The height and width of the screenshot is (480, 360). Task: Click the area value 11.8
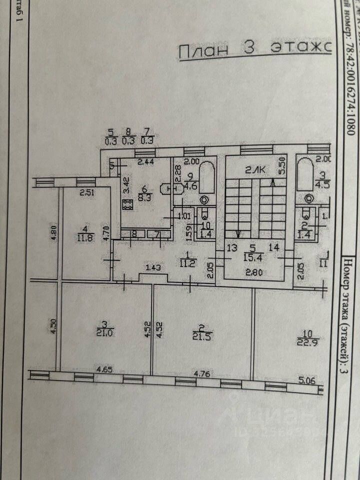[82, 237]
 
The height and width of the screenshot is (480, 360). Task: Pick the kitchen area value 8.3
[145, 196]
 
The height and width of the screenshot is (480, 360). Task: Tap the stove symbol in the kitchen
[126, 204]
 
